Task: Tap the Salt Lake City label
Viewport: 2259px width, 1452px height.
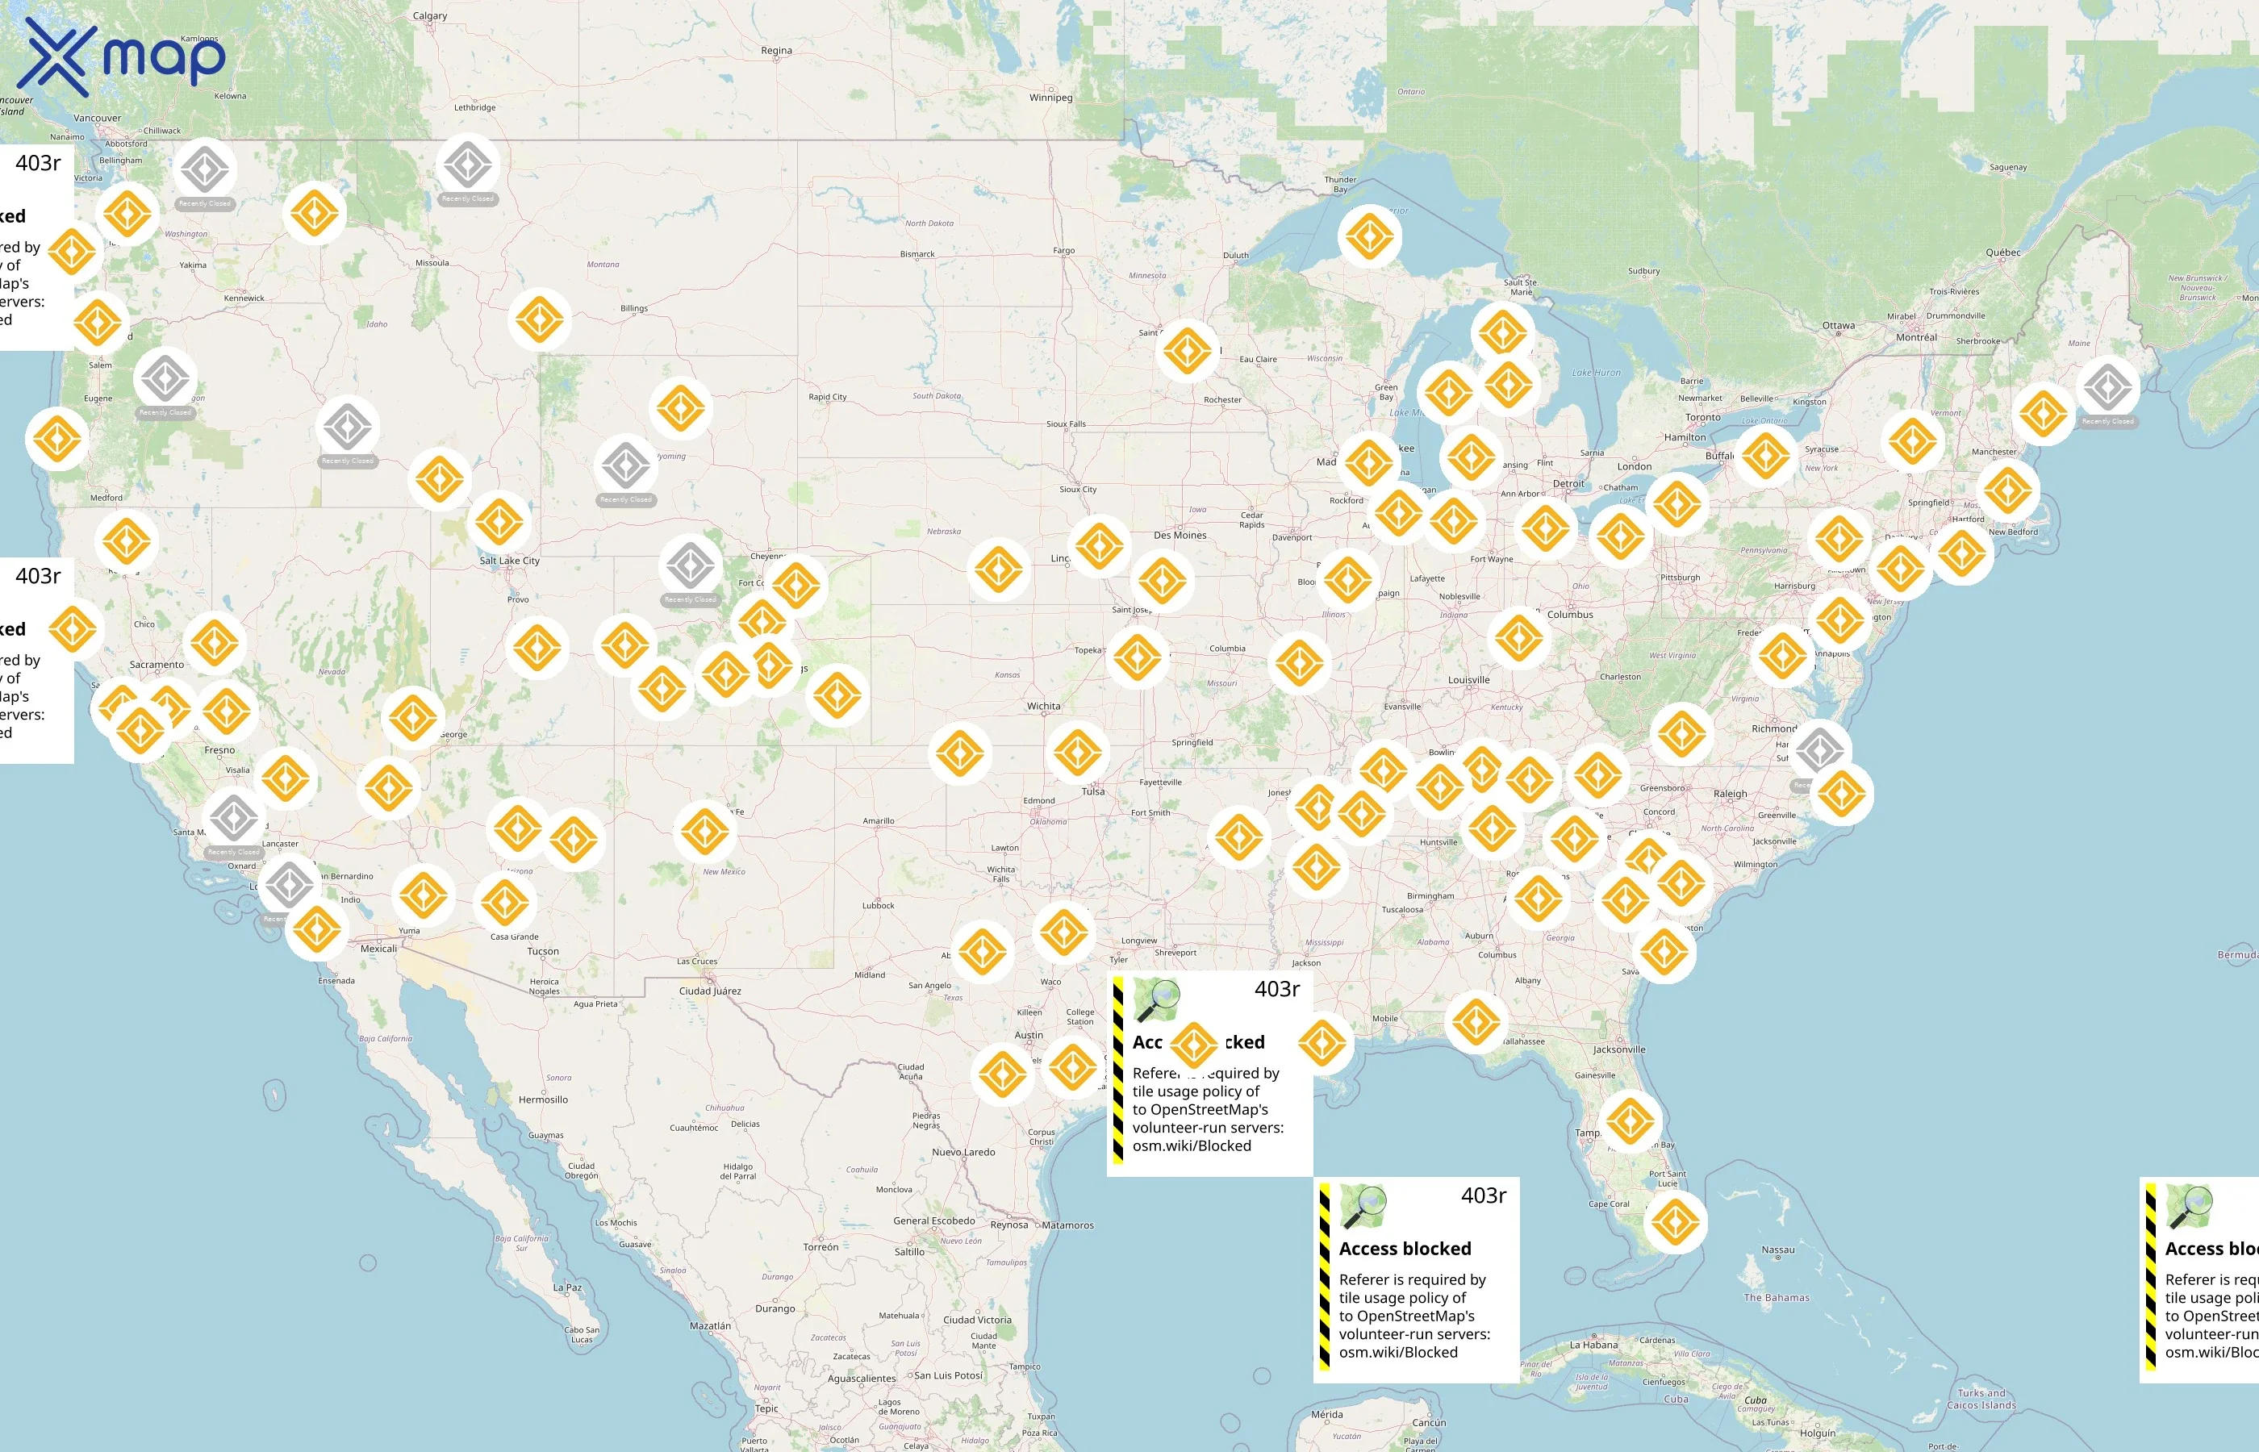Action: [509, 560]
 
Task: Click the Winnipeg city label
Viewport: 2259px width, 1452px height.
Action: [1050, 97]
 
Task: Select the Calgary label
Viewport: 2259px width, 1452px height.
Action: [430, 15]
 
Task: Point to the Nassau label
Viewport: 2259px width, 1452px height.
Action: [1777, 1250]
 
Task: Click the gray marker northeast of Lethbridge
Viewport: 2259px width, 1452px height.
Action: [468, 165]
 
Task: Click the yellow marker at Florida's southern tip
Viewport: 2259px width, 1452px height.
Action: [1674, 1222]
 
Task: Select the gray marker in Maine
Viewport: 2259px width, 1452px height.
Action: [2107, 386]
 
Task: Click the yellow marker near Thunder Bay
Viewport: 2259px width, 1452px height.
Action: [1369, 236]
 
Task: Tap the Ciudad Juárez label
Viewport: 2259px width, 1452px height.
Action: [710, 991]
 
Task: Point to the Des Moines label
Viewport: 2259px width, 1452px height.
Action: [1180, 535]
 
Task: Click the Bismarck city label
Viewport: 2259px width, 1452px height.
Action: [917, 253]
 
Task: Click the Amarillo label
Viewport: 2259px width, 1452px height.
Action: [878, 820]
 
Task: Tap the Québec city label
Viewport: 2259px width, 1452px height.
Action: [2002, 252]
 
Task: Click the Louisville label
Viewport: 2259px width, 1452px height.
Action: [1468, 679]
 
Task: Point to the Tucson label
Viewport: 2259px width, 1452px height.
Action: [542, 951]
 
